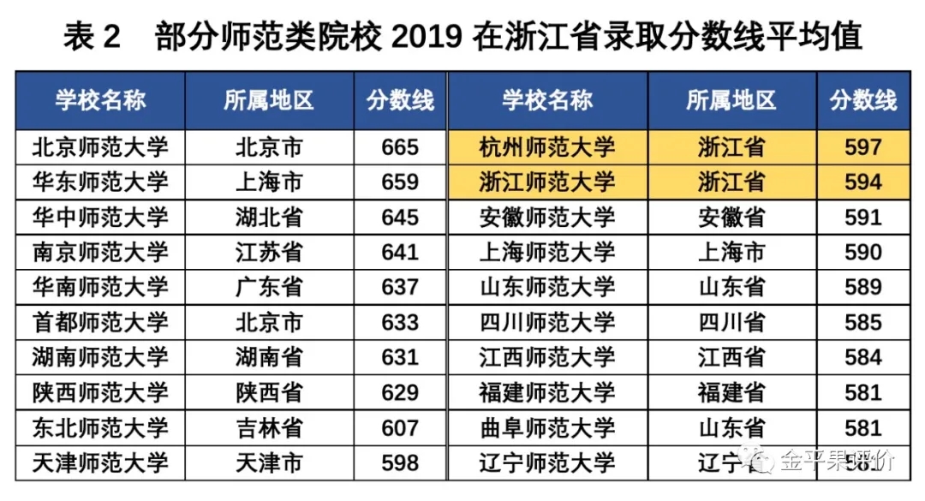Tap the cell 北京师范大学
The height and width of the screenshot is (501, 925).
(100, 147)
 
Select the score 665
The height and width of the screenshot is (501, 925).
(400, 147)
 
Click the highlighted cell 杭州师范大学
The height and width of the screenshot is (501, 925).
(547, 147)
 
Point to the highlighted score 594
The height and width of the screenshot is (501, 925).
(862, 182)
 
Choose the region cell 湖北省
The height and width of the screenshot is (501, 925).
(269, 218)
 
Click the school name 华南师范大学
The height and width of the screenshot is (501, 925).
(100, 287)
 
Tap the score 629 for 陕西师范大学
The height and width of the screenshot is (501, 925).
(400, 392)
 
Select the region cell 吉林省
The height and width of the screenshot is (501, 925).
(269, 427)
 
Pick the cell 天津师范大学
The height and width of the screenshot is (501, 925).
(100, 463)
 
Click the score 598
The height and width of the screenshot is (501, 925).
(400, 463)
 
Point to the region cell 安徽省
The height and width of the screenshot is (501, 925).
(731, 218)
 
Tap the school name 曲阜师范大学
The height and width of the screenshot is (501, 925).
(547, 427)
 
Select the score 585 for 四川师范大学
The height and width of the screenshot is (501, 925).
(862, 323)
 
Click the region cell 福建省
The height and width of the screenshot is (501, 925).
(731, 392)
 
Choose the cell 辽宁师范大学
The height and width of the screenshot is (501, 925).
(547, 463)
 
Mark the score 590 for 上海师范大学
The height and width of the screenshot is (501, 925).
(862, 253)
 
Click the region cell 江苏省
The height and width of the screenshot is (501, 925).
(269, 253)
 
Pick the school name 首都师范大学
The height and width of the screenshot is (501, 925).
(100, 323)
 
